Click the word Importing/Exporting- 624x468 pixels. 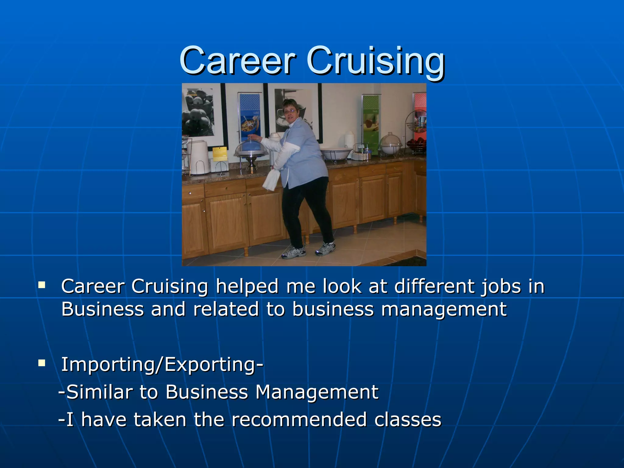[162, 364]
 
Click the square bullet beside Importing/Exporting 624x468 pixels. [42, 363]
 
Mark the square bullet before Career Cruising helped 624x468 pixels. [42, 285]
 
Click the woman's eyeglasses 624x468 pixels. [290, 112]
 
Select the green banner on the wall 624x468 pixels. [371, 122]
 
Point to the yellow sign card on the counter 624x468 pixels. [220, 154]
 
